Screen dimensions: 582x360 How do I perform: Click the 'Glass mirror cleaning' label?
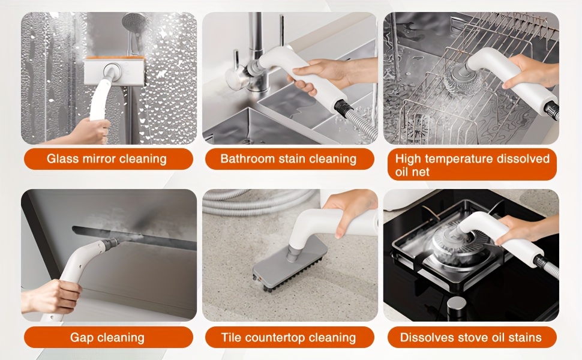coord(109,159)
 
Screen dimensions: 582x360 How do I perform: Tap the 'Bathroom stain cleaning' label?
coord(290,159)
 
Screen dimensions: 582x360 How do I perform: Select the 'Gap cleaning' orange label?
coord(109,337)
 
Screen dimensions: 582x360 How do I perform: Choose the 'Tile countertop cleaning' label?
coord(290,337)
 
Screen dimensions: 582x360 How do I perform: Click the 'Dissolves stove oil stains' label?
coord(472,337)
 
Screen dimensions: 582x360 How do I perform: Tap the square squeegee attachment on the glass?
coord(114,71)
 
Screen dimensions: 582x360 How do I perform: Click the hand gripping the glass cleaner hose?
coord(87,131)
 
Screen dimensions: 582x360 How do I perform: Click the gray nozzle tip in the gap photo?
coord(111,243)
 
